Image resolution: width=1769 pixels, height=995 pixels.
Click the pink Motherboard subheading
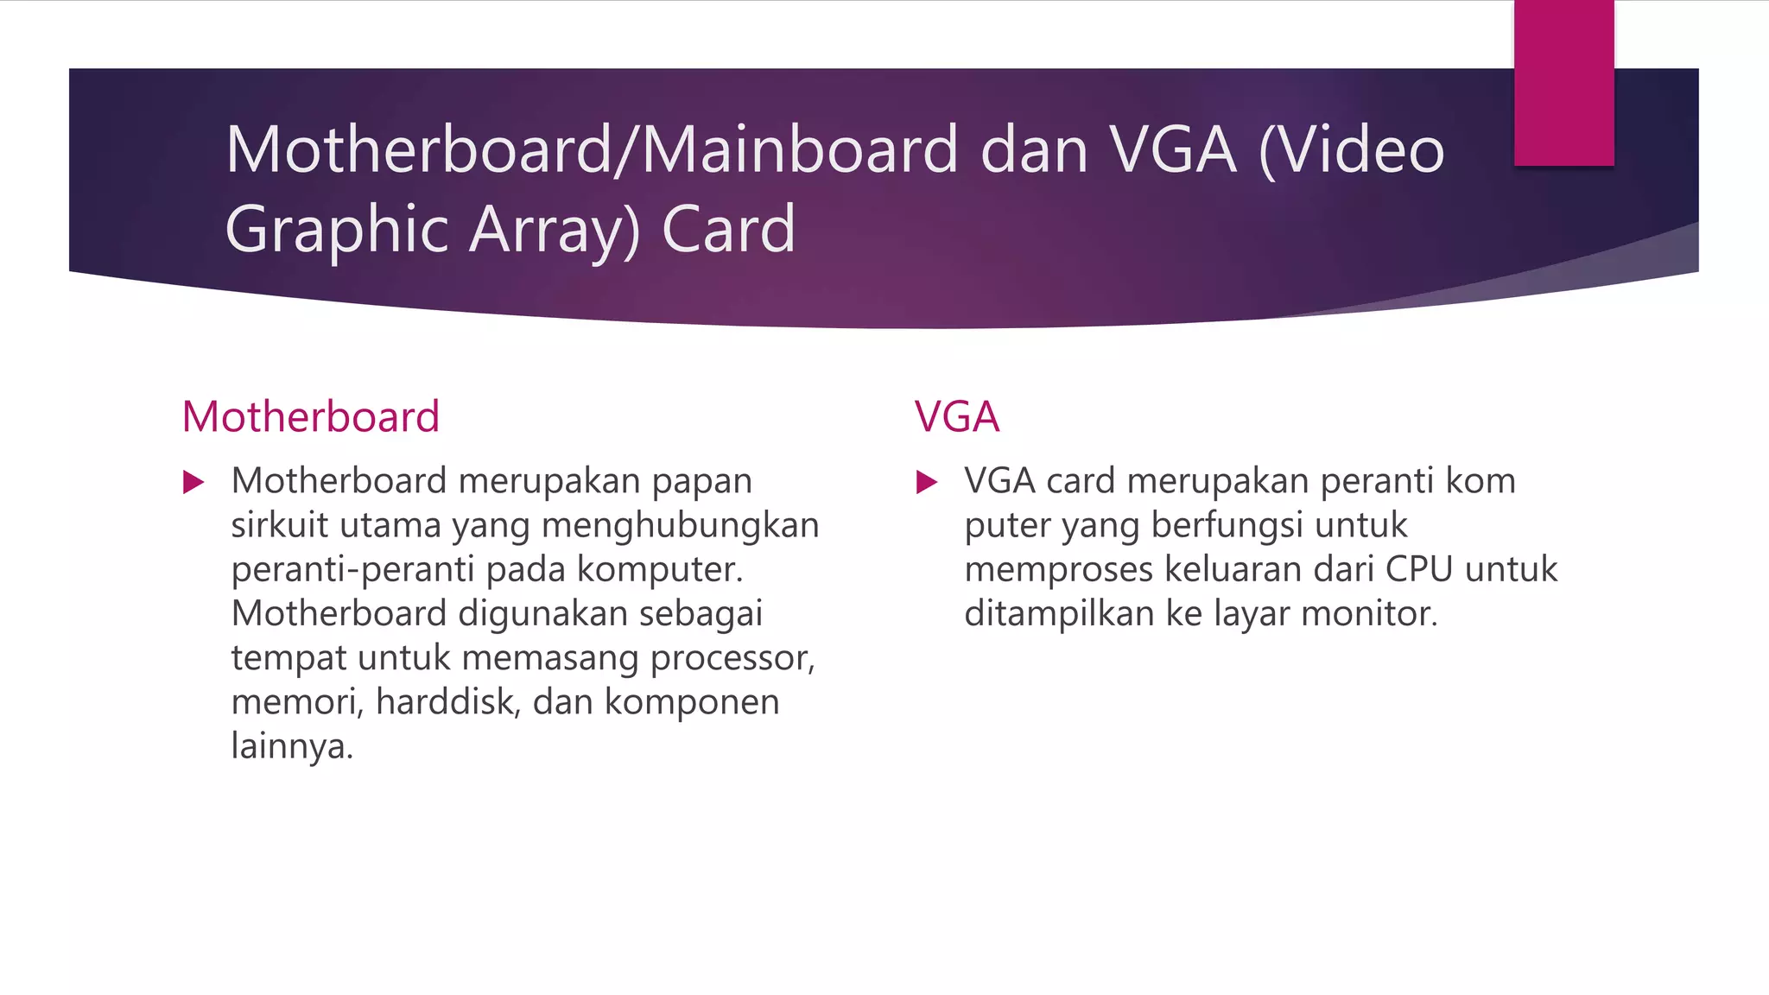click(311, 417)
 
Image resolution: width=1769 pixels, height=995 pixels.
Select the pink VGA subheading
click(957, 417)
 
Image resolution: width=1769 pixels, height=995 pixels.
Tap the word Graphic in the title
click(337, 230)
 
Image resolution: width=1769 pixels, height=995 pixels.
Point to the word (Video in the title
click(1352, 150)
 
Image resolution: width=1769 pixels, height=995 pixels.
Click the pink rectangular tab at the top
click(1563, 82)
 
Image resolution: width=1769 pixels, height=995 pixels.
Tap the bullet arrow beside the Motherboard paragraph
click(194, 482)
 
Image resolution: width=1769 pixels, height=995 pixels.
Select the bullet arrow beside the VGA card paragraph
click(927, 482)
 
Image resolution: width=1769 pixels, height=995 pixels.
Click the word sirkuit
click(279, 525)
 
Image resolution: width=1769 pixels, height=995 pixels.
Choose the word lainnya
click(292, 746)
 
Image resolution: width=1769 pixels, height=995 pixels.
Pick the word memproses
click(1058, 569)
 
